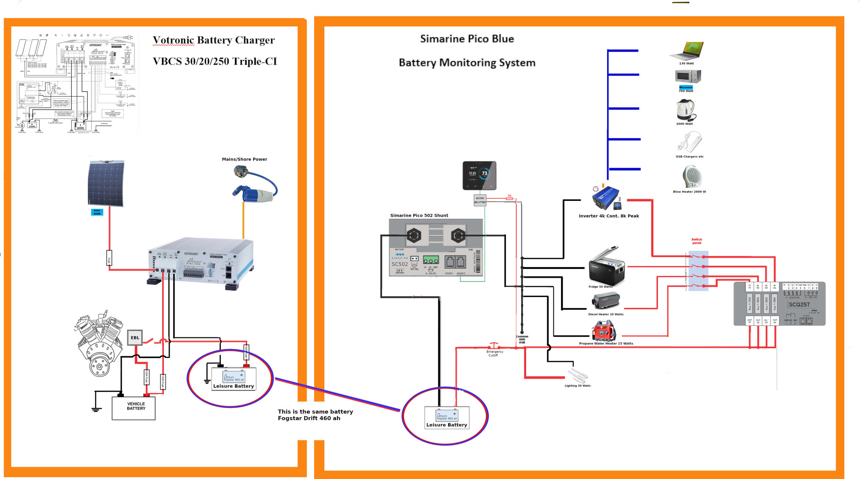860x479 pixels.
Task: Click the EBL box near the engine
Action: coord(134,338)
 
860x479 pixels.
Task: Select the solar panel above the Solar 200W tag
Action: coord(106,183)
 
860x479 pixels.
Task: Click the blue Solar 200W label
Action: coord(97,213)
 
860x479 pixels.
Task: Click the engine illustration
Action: coord(99,342)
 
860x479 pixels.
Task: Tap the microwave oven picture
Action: coord(687,76)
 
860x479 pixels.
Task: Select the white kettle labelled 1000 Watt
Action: coord(685,110)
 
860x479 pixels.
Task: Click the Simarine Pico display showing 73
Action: coord(479,175)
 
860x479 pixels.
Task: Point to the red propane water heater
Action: coord(603,331)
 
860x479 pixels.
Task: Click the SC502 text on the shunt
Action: coord(399,264)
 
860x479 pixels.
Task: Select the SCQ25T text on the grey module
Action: coord(799,305)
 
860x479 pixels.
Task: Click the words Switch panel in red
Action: coord(697,241)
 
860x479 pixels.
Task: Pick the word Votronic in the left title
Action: coord(173,40)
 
